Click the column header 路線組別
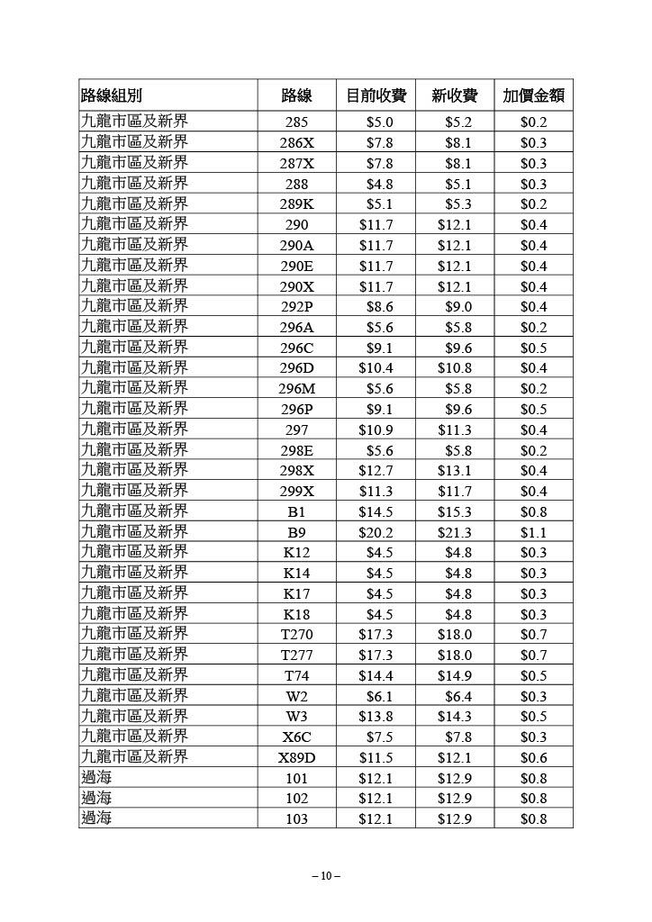click(x=112, y=96)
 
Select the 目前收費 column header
click(x=376, y=96)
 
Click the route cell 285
click(x=296, y=122)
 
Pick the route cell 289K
click(x=296, y=204)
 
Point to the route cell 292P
click(x=296, y=307)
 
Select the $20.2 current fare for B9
click(x=376, y=532)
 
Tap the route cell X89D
click(x=296, y=758)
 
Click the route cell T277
click(x=296, y=655)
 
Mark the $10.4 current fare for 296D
click(x=376, y=368)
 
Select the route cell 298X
click(x=296, y=471)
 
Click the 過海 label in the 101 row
click(x=97, y=778)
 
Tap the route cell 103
click(x=296, y=819)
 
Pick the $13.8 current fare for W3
click(x=376, y=717)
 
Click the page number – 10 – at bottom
click(x=325, y=876)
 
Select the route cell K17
click(x=296, y=594)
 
